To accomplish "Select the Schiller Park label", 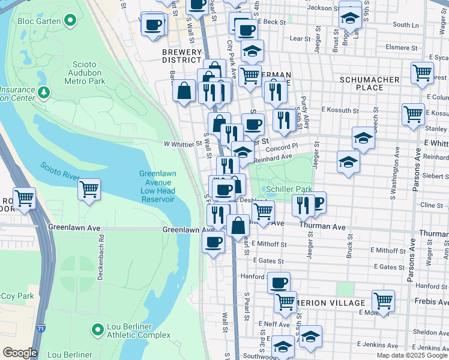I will pyautogui.click(x=290, y=188).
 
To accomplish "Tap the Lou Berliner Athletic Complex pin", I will pyautogui.click(x=97, y=329).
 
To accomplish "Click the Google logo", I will pyautogui.click(x=19, y=353).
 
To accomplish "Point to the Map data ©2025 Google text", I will pyautogui.click(x=411, y=355).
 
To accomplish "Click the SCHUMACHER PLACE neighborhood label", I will pyautogui.click(x=370, y=83).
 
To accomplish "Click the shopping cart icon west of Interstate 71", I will pyautogui.click(x=24, y=197).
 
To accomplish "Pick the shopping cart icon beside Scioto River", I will pyautogui.click(x=89, y=189).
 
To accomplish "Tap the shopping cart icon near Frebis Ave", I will pyautogui.click(x=383, y=300).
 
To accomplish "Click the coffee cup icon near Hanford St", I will pyautogui.click(x=278, y=282).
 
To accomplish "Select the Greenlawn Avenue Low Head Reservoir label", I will pyautogui.click(x=158, y=186).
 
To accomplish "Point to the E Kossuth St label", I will pyautogui.click(x=340, y=110).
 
